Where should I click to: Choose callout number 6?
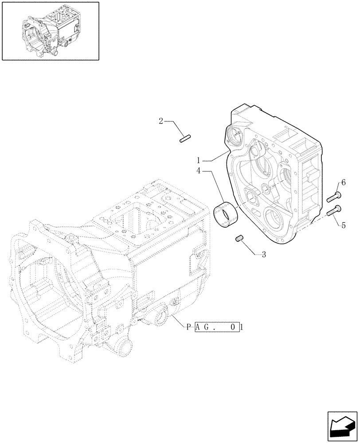click(343, 183)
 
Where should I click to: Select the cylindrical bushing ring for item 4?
click(226, 214)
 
